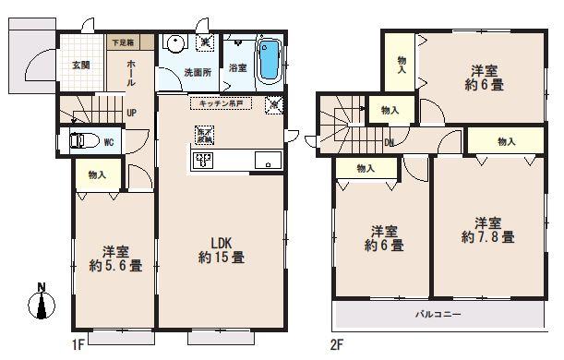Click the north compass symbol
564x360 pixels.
40,301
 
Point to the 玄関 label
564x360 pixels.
80,65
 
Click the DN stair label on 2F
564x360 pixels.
390,141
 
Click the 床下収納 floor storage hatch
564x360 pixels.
203,135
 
